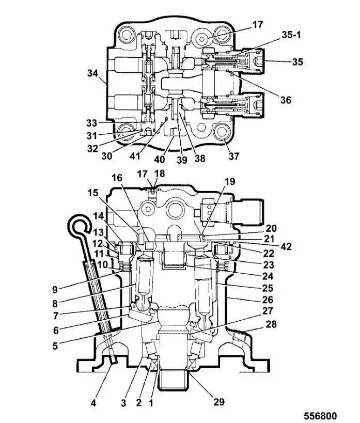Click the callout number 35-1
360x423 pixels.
tap(291, 35)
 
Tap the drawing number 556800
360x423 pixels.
tap(321, 416)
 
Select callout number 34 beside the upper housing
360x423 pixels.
tap(92, 73)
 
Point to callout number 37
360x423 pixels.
tap(234, 156)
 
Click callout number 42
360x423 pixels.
tap(286, 246)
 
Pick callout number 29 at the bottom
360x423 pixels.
tap(219, 402)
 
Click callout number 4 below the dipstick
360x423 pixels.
tap(93, 403)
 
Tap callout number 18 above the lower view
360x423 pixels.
tap(160, 174)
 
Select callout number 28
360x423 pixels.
tap(271, 324)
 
